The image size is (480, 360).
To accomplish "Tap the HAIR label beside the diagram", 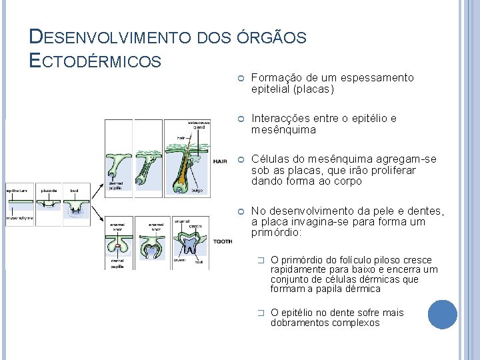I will [x=220, y=161].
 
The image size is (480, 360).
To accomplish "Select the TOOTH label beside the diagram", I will [x=223, y=241].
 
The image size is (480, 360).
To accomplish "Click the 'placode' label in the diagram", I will [x=49, y=191].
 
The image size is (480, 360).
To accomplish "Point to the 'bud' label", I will [x=75, y=191].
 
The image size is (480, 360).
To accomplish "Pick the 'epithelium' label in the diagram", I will [x=17, y=191].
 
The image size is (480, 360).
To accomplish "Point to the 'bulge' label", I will [x=197, y=190].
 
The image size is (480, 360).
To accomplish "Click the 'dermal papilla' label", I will [x=115, y=185].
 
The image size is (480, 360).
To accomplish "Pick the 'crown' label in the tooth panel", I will [x=180, y=262].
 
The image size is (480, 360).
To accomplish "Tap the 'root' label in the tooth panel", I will [x=199, y=262].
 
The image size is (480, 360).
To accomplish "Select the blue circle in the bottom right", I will [x=443, y=315].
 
